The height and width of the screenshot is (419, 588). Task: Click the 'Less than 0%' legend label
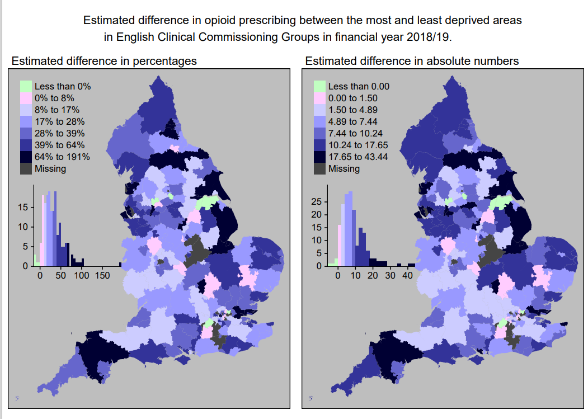point(62,87)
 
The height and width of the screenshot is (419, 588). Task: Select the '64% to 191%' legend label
point(62,157)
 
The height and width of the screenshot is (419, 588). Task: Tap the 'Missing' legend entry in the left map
point(50,168)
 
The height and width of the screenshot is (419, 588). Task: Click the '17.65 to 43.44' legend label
point(359,157)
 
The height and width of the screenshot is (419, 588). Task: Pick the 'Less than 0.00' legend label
point(359,87)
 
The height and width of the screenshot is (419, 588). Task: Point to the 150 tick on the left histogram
point(102,276)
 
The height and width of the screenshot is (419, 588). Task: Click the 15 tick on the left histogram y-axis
point(23,207)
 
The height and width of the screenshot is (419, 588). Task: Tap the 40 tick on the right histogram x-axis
point(407,276)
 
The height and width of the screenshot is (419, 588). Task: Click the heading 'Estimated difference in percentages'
point(104,61)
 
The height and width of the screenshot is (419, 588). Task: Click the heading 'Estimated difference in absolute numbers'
point(412,61)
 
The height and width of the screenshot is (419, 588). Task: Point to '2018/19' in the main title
point(430,38)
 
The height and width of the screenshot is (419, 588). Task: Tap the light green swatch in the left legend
point(26,87)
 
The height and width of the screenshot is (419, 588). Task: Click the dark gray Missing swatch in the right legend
point(319,168)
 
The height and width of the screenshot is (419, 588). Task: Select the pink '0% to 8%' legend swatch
point(26,98)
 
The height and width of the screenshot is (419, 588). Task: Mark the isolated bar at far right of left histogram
point(120,264)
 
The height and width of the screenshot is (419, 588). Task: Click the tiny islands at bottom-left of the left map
point(17,398)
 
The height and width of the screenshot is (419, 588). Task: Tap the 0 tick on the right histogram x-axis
point(338,276)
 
